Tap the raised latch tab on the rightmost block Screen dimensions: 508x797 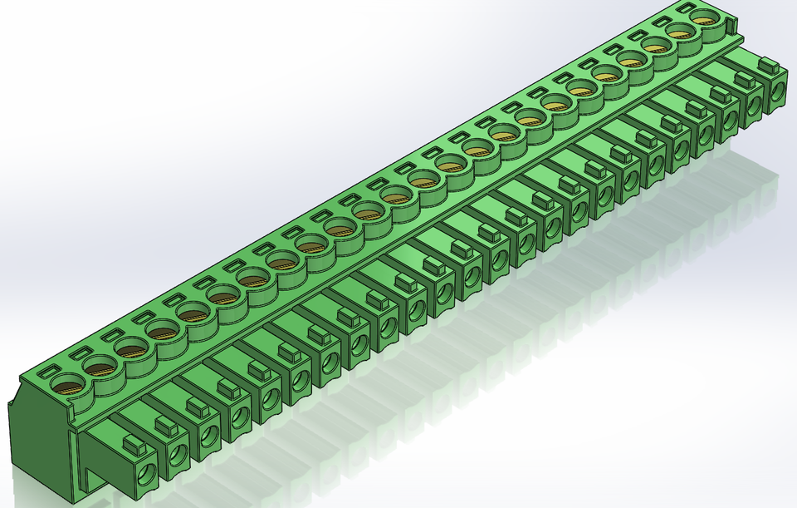[768, 63]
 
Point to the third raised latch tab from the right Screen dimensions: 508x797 [719, 93]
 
